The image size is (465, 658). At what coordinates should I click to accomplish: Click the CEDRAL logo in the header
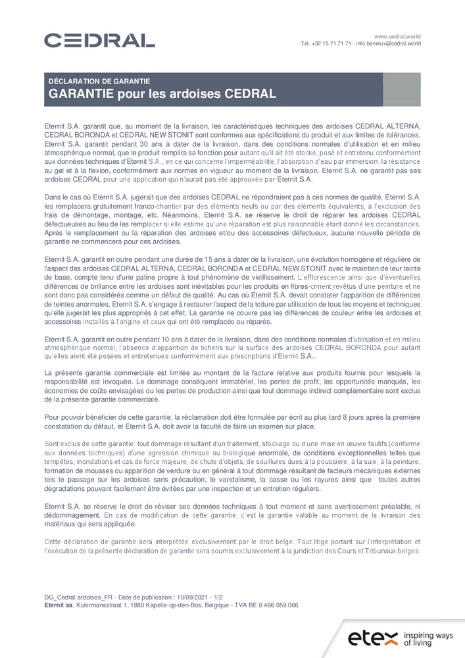click(99, 41)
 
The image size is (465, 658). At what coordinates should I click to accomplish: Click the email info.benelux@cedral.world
click(389, 43)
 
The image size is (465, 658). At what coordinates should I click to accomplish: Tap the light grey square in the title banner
click(402, 89)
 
